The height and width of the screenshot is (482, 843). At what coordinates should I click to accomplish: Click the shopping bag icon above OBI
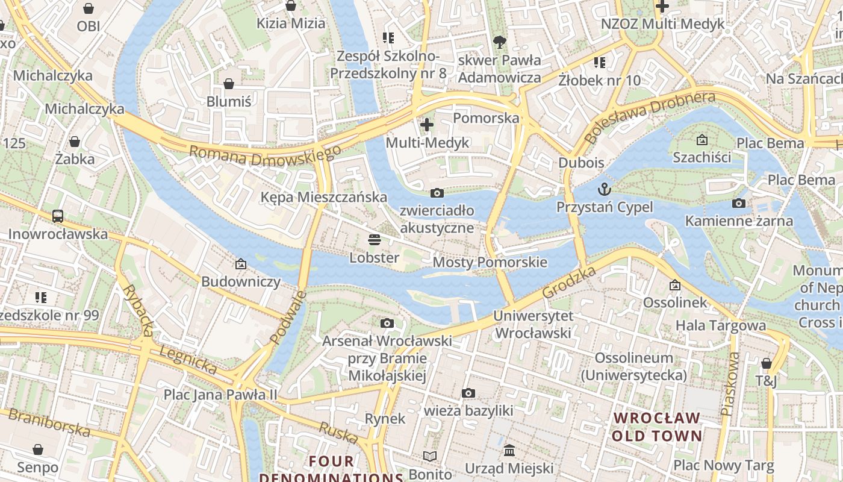point(89,8)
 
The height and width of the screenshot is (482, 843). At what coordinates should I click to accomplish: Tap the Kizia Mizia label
point(291,23)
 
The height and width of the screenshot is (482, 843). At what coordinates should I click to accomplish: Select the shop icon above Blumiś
point(228,84)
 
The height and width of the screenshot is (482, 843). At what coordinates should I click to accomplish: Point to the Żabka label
point(75,159)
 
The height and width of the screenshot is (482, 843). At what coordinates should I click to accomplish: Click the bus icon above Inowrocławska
point(58,216)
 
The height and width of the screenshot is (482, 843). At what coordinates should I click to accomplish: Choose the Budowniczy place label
point(241,281)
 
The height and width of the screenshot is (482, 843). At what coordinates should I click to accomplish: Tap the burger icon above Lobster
point(374,240)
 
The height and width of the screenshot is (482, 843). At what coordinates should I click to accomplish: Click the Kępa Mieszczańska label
point(323,197)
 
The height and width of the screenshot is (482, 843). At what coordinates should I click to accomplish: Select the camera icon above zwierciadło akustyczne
point(437,193)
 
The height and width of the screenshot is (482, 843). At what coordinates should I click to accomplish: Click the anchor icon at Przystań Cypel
point(604,190)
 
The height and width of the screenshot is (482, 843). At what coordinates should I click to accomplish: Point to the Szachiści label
point(701,158)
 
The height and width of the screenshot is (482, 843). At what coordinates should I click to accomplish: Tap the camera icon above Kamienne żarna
point(739,203)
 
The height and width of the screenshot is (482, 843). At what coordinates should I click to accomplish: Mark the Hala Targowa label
point(721,325)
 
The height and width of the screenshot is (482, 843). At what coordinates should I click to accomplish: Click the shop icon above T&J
point(766,363)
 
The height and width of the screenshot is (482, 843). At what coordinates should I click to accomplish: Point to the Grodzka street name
point(569,282)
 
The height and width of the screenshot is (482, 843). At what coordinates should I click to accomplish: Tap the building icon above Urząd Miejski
point(509,451)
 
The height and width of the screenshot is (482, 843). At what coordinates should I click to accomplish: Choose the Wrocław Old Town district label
point(657,427)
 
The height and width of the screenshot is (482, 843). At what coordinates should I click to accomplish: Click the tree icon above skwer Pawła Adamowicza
point(499,42)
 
